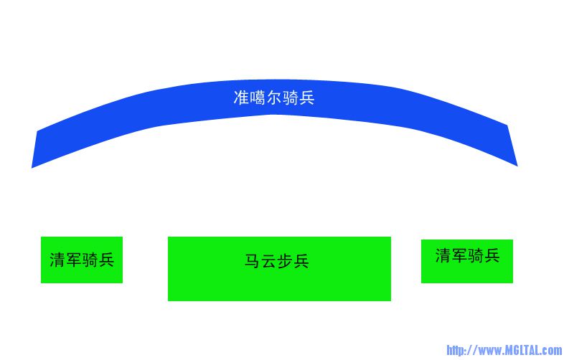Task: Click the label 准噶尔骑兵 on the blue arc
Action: click(x=274, y=98)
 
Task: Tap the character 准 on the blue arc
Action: click(x=241, y=98)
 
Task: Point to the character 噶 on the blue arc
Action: click(x=258, y=98)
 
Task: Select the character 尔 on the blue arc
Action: click(x=274, y=98)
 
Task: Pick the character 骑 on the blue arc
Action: click(x=291, y=98)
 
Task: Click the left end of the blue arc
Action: click(x=34, y=149)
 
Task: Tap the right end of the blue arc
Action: click(x=512, y=146)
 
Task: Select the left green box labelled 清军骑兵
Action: click(x=82, y=260)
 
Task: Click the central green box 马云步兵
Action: click(x=279, y=269)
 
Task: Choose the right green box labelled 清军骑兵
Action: click(x=467, y=261)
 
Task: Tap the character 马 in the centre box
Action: click(x=253, y=261)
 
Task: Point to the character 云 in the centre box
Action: click(x=268, y=261)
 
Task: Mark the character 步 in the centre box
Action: click(x=285, y=261)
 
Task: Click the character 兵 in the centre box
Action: click(x=301, y=261)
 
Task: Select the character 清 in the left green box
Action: click(x=57, y=260)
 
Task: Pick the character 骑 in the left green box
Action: click(x=90, y=260)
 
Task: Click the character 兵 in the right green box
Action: click(x=492, y=256)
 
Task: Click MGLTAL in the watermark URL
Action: click(x=522, y=350)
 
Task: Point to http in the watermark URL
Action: click(x=456, y=350)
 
